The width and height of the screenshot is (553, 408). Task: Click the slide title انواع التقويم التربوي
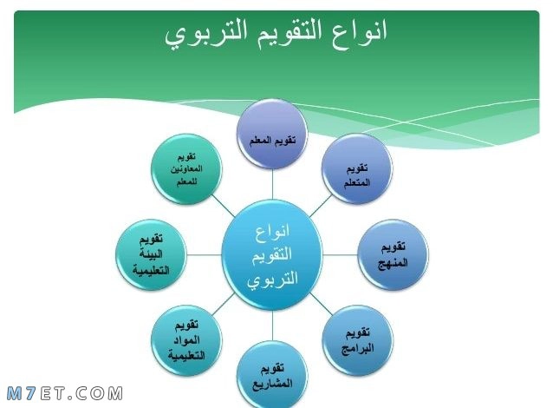click(x=276, y=33)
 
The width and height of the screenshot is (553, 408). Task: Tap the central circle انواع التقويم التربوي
click(x=272, y=254)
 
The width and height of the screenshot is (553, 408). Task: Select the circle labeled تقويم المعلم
click(x=272, y=135)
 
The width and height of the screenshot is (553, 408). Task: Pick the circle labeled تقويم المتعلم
click(x=357, y=169)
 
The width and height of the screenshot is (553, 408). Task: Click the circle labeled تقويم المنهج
click(x=393, y=254)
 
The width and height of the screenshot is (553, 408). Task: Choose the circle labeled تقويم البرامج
click(x=357, y=340)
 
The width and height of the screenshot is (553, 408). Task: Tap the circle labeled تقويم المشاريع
click(x=272, y=375)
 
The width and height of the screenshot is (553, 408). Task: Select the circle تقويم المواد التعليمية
click(x=186, y=340)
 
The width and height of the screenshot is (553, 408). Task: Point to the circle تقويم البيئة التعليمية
click(x=151, y=254)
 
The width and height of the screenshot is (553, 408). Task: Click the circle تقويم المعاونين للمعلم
click(x=186, y=169)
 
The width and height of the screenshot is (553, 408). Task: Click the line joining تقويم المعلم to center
click(x=272, y=185)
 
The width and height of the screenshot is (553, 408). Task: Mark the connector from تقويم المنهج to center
click(x=340, y=254)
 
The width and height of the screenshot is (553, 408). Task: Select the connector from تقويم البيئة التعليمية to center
click(x=205, y=254)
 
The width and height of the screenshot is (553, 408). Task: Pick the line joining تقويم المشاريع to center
click(x=272, y=326)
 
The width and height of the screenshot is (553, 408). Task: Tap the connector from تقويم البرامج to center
click(x=321, y=304)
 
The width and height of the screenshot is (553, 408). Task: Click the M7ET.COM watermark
click(x=65, y=393)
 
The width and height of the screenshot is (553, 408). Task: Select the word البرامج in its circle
click(x=357, y=349)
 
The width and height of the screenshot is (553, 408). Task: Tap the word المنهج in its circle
click(x=393, y=263)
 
